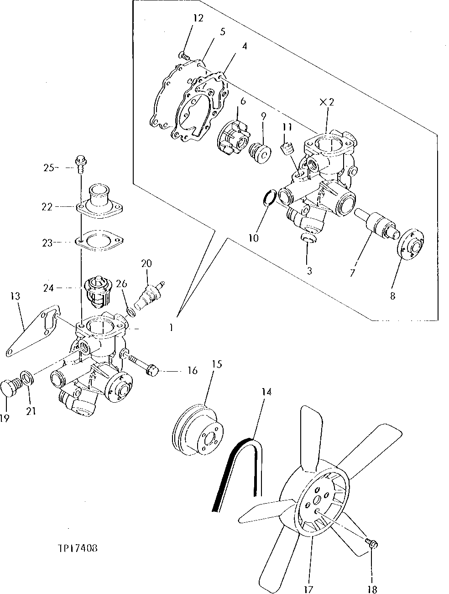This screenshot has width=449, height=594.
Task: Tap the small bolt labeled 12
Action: [x=185, y=56]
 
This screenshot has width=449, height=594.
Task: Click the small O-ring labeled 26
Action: [x=130, y=312]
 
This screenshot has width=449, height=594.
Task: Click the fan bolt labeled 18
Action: [x=371, y=543]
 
